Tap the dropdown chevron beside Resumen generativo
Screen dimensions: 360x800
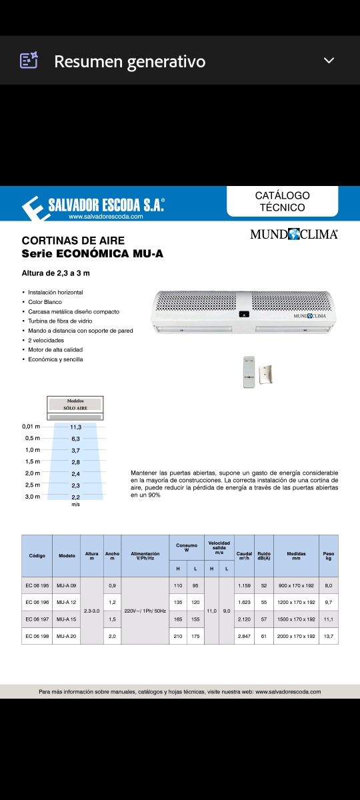click(x=329, y=61)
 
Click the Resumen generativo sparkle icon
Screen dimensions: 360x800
click(x=29, y=61)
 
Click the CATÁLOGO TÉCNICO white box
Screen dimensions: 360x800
click(x=282, y=201)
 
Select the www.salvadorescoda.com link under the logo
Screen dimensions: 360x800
click(x=105, y=217)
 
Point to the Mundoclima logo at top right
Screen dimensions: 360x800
click(x=294, y=234)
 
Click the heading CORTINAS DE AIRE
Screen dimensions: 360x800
click(x=73, y=240)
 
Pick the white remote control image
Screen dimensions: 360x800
click(x=250, y=371)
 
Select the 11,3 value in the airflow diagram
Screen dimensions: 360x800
click(x=75, y=426)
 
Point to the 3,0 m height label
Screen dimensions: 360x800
click(x=31, y=497)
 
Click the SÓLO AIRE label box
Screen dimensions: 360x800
click(x=75, y=406)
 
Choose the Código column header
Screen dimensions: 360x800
click(x=37, y=555)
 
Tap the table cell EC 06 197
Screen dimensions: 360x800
click(x=37, y=619)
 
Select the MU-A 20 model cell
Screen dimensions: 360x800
click(x=67, y=636)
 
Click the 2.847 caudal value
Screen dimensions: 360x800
click(x=244, y=636)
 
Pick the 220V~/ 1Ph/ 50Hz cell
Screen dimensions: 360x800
click(x=145, y=611)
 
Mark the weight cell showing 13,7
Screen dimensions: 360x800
click(x=328, y=636)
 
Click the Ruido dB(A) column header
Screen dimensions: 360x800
click(x=263, y=555)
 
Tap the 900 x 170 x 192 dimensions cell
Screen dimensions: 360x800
click(x=296, y=585)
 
